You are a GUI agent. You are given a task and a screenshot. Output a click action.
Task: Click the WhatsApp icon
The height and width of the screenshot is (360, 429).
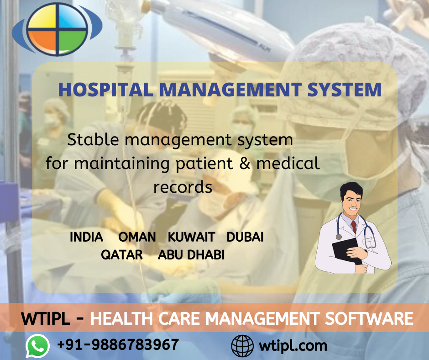[37, 346]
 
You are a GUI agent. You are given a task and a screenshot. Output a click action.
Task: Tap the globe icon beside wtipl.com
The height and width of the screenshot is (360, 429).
[242, 346]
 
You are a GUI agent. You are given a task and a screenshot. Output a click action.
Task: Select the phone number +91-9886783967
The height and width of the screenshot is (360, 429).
[118, 344]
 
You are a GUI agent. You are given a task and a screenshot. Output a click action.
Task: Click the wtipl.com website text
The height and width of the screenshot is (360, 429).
[293, 346]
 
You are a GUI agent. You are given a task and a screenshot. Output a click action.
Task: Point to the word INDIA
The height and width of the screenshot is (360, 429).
[86, 237]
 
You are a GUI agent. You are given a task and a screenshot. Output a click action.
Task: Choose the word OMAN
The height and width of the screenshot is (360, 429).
[137, 237]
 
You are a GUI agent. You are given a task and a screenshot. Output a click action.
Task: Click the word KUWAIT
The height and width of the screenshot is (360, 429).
[192, 237]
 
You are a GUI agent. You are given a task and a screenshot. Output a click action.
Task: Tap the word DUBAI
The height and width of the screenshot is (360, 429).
[245, 237]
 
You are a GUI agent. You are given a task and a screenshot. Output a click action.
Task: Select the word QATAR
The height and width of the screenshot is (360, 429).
[122, 255]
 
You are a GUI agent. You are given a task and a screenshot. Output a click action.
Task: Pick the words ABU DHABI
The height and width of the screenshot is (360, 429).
[191, 255]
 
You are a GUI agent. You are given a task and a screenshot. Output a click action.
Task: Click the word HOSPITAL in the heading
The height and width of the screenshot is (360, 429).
[105, 90]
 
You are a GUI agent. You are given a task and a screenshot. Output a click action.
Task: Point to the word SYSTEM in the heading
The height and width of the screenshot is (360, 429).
[344, 90]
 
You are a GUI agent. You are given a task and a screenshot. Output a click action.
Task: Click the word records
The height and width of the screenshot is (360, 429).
[183, 187]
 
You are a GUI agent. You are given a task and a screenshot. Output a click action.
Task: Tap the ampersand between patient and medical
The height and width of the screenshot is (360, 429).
[245, 163]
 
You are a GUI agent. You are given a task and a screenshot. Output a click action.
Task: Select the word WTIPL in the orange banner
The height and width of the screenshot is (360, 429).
[46, 319]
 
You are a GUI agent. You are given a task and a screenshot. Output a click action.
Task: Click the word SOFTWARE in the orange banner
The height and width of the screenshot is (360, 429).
[369, 318]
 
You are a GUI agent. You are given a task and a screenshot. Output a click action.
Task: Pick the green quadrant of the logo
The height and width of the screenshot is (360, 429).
[73, 41]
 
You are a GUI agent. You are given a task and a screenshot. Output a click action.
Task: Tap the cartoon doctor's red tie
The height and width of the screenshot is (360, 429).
[354, 227]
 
